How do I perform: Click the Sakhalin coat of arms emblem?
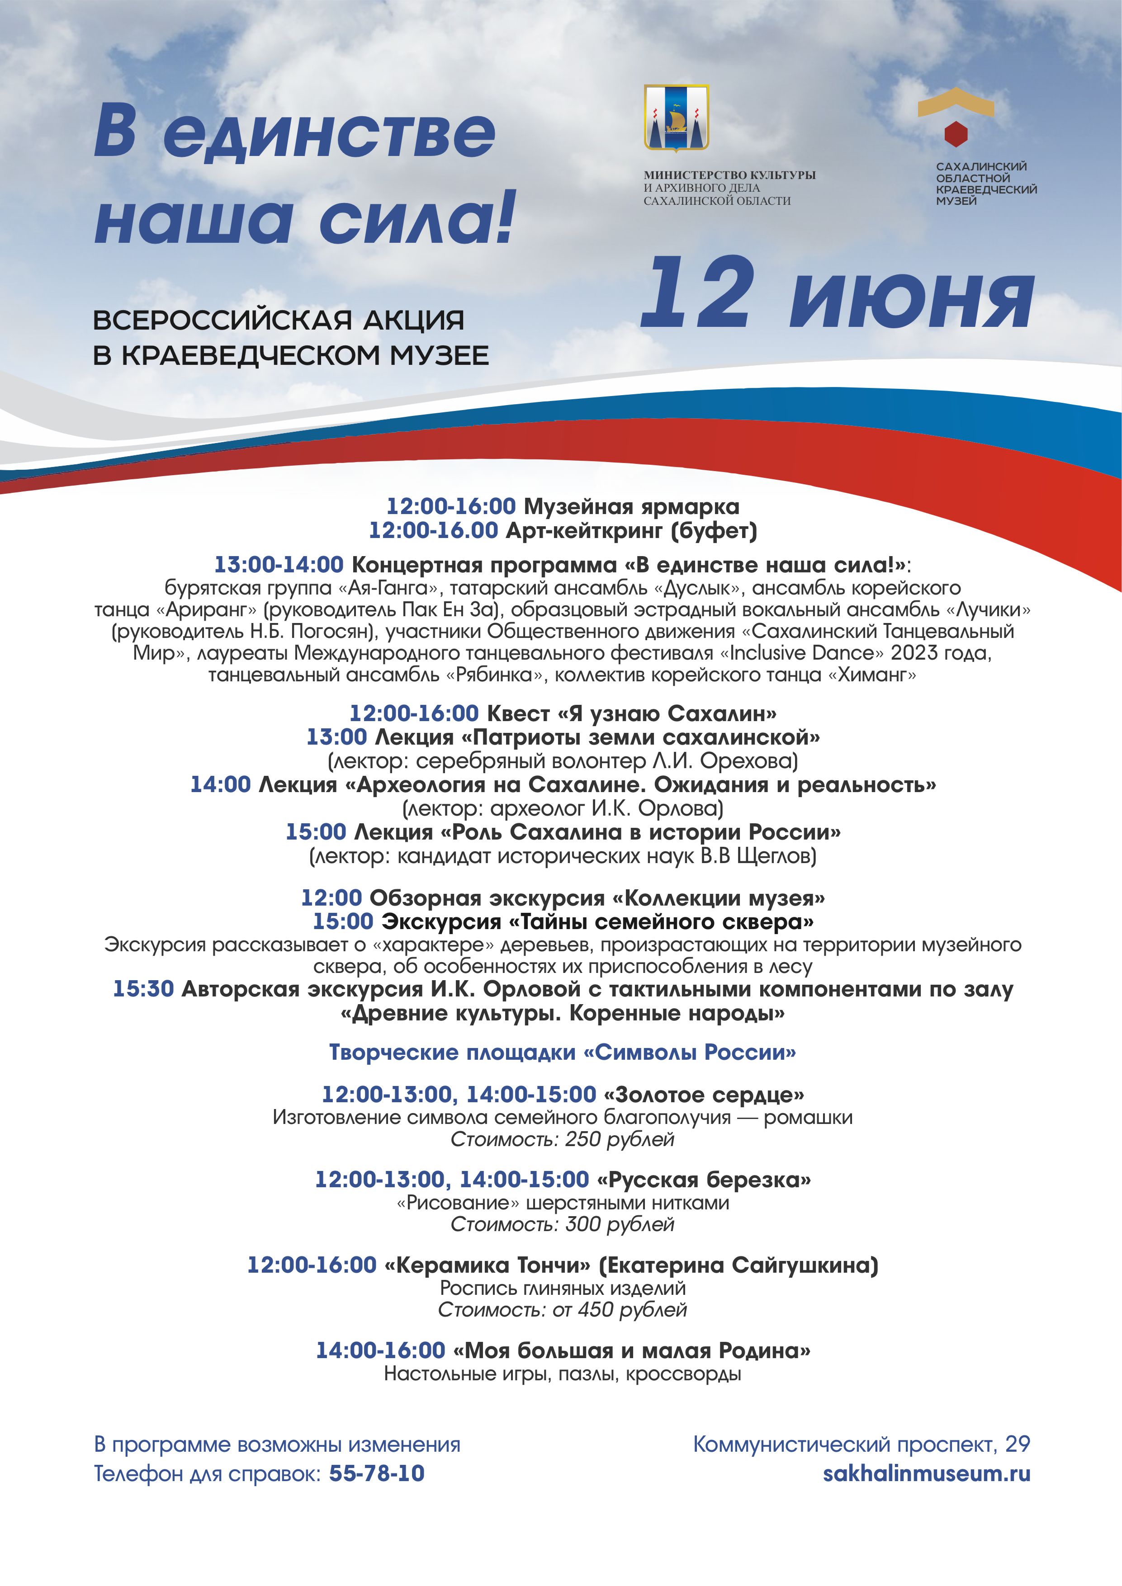pyautogui.click(x=677, y=118)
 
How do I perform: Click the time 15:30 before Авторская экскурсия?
pyautogui.click(x=143, y=989)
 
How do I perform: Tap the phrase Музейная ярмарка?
pyautogui.click(x=631, y=506)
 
